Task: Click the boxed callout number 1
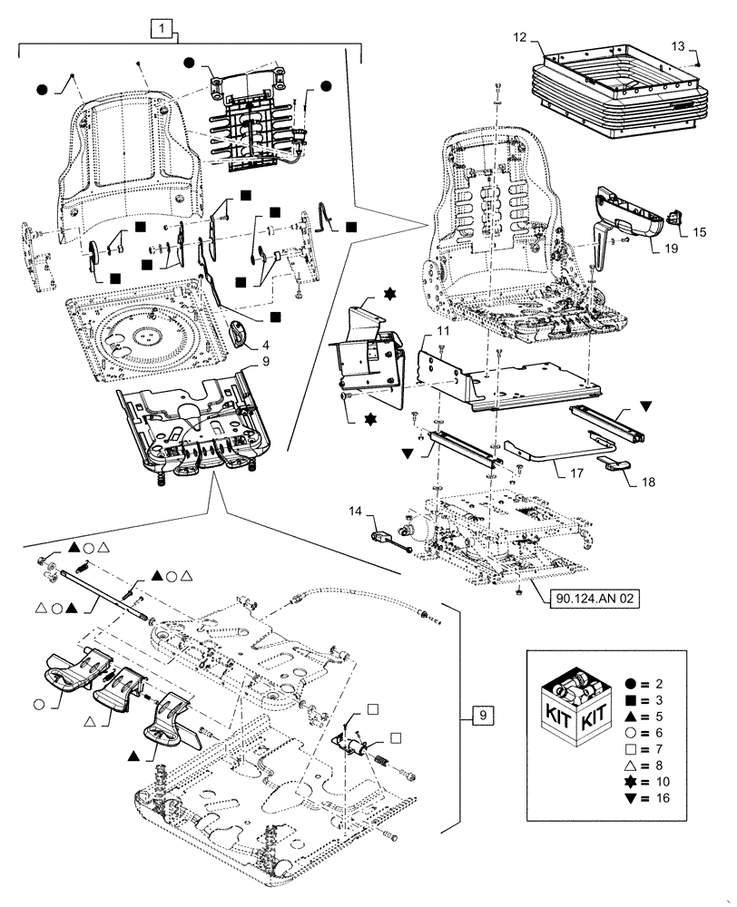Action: (x=161, y=29)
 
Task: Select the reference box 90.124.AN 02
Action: (x=595, y=599)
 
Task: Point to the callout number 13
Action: (x=680, y=46)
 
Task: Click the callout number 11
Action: (x=441, y=333)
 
